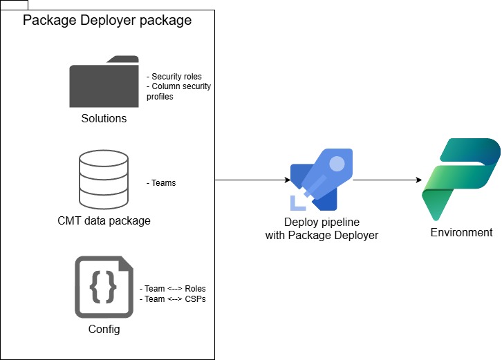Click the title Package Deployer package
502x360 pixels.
pyautogui.click(x=107, y=20)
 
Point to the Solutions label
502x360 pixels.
pyautogui.click(x=104, y=118)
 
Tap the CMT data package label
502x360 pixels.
pyautogui.click(x=104, y=221)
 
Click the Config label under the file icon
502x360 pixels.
pyautogui.click(x=104, y=329)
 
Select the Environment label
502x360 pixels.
pyautogui.click(x=461, y=232)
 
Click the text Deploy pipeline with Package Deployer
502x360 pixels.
pyautogui.click(x=322, y=229)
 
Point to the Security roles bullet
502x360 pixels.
pyautogui.click(x=174, y=76)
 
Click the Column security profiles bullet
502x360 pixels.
pyautogui.click(x=178, y=91)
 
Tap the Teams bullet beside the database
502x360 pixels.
pyautogui.click(x=161, y=183)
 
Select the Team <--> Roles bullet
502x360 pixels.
pyautogui.click(x=173, y=288)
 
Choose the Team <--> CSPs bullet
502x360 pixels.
pyautogui.click(x=173, y=299)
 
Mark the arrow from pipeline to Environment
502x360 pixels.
pyautogui.click(x=387, y=180)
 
